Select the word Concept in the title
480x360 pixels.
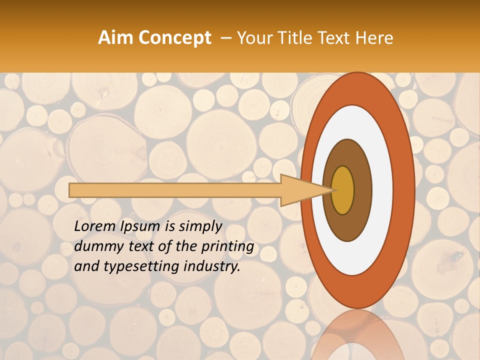[174, 38]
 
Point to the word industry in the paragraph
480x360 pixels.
[215, 266]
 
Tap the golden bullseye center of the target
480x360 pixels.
[343, 190]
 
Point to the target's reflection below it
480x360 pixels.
[357, 335]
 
